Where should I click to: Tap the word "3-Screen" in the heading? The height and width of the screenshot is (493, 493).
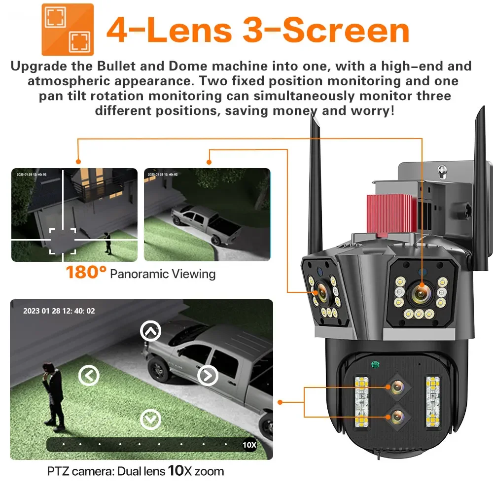tap(326, 30)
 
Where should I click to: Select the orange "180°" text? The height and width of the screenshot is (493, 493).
tap(86, 272)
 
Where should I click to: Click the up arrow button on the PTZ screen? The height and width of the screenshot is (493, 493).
tap(150, 332)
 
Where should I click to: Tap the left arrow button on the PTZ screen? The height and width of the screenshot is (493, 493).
tap(89, 376)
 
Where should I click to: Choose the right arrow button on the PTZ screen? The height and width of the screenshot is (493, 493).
tap(208, 376)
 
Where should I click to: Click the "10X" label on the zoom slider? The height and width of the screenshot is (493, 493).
tap(249, 445)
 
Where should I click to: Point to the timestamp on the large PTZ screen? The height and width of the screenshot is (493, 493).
tap(59, 311)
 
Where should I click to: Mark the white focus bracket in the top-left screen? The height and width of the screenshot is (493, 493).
tap(63, 241)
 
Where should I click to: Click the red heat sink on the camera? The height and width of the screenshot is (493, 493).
tap(389, 213)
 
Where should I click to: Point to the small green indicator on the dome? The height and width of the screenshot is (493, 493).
tap(375, 365)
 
